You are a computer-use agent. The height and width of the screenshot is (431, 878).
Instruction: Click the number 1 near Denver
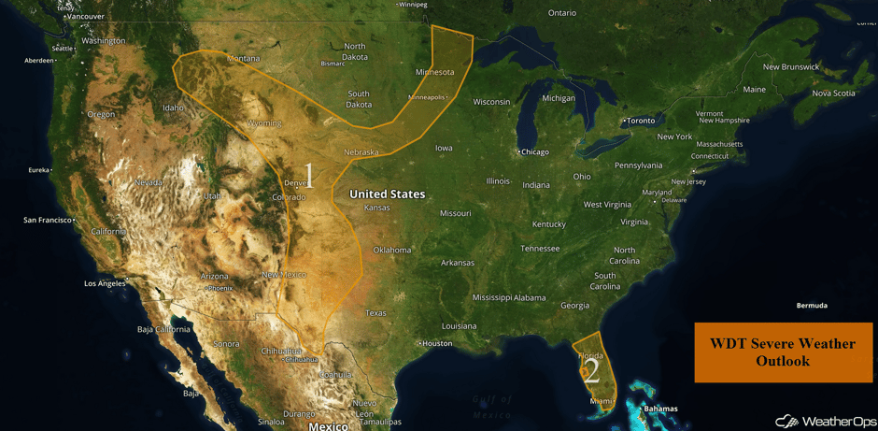pos(309,177)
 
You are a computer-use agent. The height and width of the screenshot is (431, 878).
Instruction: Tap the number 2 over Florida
pos(590,372)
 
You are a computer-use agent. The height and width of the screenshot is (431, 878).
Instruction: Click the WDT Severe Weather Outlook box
pos(783,352)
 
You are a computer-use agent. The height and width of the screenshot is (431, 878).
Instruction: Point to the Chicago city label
pos(535,151)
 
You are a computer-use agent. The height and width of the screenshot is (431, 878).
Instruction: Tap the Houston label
pos(436,343)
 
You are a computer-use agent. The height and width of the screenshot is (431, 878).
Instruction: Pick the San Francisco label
pos(49,220)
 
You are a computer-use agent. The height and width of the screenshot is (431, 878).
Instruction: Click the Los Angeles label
pos(104,283)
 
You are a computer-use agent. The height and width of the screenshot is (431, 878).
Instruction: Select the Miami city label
pos(602,401)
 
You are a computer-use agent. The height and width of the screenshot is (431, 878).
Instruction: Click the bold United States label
pos(387,194)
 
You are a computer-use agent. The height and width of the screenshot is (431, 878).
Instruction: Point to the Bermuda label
pos(811,306)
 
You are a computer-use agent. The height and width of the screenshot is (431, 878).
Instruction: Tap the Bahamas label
pos(660,409)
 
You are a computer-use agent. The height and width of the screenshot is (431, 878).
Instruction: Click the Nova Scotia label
pos(833,93)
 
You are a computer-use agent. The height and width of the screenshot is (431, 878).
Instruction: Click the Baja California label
pos(163,329)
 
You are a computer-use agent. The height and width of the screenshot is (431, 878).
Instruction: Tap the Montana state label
pos(243,58)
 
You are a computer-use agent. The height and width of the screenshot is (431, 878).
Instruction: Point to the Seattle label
pos(63,49)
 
